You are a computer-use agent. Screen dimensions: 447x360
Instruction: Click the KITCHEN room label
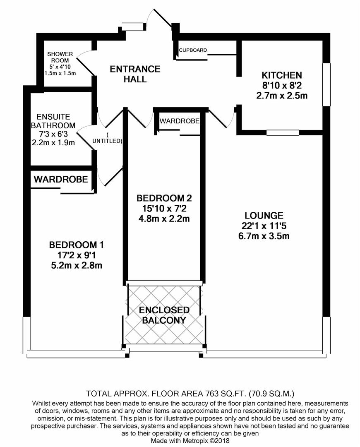coord(282,75)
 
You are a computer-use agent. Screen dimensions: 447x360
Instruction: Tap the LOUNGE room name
coord(264,215)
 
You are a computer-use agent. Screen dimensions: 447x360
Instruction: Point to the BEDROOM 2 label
coord(164,197)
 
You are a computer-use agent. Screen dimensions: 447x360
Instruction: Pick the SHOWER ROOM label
coord(60,57)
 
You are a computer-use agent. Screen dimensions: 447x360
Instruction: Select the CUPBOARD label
coord(193,50)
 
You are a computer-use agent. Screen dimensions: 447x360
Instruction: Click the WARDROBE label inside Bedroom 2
coord(180,121)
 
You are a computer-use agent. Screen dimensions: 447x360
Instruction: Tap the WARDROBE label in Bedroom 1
coord(61,179)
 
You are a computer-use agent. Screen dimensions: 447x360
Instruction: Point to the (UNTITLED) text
coord(107,138)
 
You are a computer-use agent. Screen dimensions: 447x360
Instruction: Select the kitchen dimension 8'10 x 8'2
coord(282,86)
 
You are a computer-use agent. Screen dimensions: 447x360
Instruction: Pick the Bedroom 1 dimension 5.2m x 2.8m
coord(74,265)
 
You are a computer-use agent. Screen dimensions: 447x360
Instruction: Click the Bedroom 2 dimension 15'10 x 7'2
coord(164,208)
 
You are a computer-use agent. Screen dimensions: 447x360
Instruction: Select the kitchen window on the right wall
coord(326,84)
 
